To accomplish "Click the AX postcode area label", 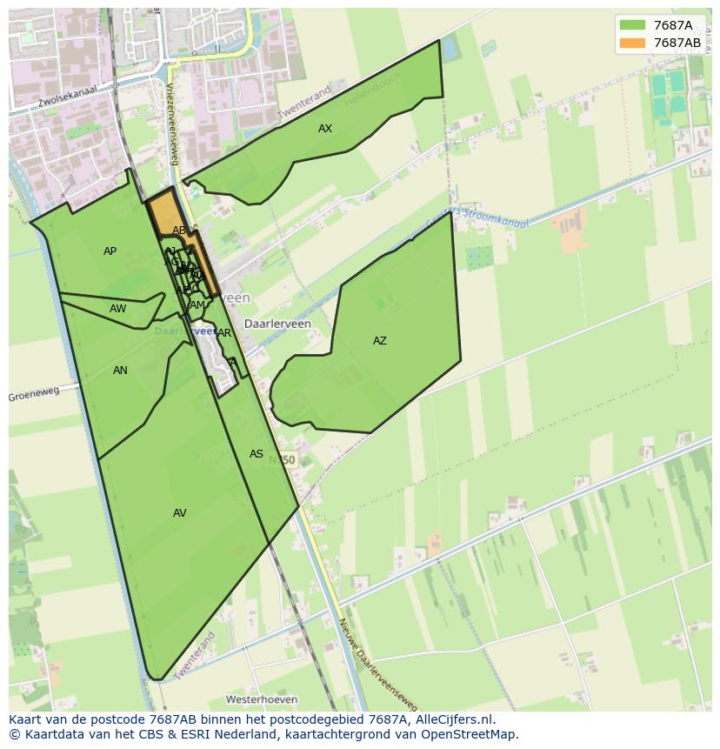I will [x=325, y=129].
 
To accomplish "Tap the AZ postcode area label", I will [x=380, y=341].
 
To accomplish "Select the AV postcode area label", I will [x=180, y=513].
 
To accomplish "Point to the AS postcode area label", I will [x=257, y=454].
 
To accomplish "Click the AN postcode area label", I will [x=120, y=371].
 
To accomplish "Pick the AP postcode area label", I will [x=110, y=251].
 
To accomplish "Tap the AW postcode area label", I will [x=118, y=309].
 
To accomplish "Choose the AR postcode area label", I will [x=224, y=333].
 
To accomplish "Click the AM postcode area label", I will [x=197, y=305].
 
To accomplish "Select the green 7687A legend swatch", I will [x=632, y=26].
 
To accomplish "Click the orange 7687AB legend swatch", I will [x=632, y=43].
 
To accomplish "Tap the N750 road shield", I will [x=282, y=460].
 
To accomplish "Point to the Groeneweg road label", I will [x=34, y=394].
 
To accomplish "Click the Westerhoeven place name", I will [x=262, y=699].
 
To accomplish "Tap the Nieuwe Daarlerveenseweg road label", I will [x=377, y=664].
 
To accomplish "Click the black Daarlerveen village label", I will [x=277, y=324].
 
